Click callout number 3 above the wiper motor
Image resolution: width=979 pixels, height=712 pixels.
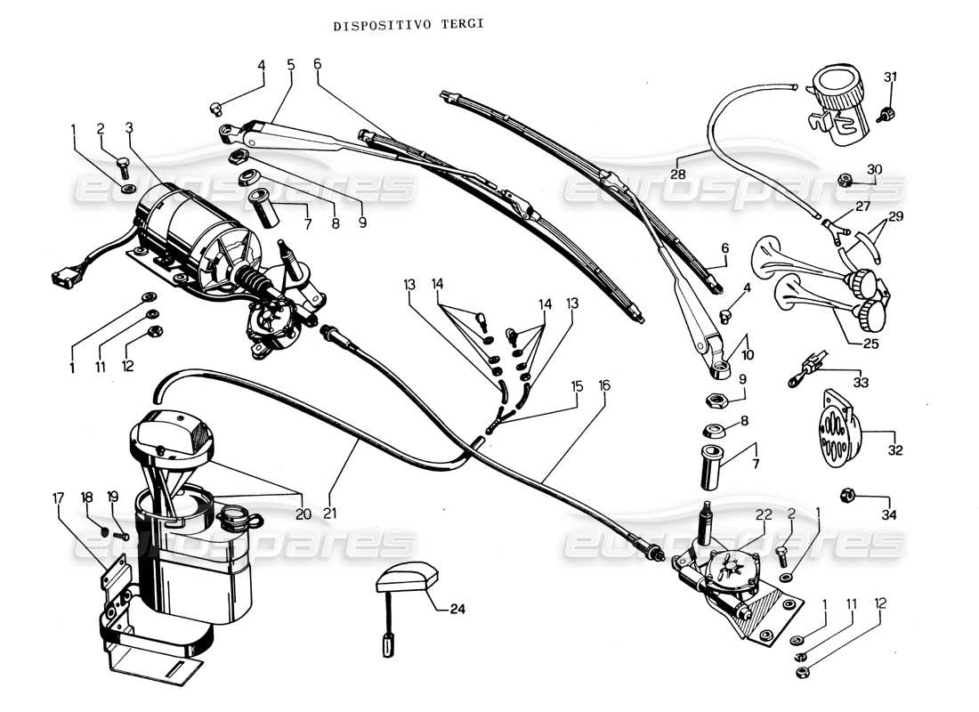pyautogui.click(x=129, y=127)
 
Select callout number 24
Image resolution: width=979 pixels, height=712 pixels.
pyautogui.click(x=457, y=610)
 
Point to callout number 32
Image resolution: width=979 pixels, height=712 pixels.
pyautogui.click(x=894, y=450)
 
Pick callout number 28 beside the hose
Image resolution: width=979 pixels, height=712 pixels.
pyautogui.click(x=677, y=174)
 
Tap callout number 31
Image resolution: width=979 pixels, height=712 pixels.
pyautogui.click(x=890, y=77)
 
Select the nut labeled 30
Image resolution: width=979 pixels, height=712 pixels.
pyautogui.click(x=846, y=181)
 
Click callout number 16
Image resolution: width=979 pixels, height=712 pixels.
pyautogui.click(x=605, y=387)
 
